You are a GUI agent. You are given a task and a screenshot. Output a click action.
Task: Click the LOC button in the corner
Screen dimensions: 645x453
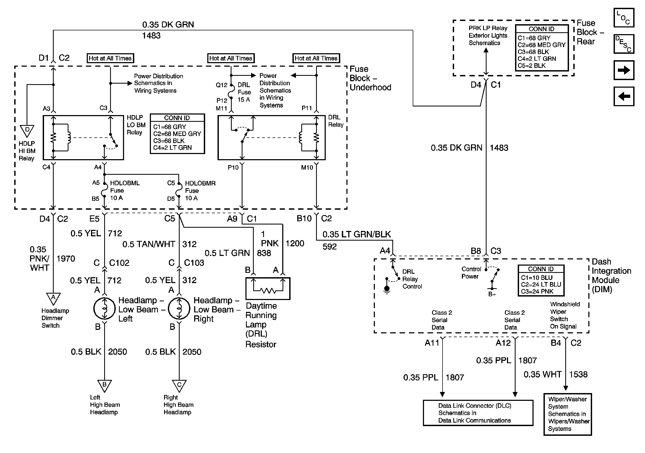[624, 18]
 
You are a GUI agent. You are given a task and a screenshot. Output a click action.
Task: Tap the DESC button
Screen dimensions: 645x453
[624, 44]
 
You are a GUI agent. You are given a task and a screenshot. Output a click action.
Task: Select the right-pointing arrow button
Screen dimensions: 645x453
[624, 70]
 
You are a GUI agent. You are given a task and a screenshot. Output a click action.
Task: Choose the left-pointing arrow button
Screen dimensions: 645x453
[624, 96]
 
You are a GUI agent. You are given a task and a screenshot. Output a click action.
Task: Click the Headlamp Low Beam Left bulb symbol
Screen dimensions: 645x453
[104, 308]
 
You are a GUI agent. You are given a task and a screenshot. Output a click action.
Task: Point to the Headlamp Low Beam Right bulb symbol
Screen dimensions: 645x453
[179, 308]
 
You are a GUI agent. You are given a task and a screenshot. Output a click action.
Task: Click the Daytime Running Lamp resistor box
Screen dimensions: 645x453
[268, 288]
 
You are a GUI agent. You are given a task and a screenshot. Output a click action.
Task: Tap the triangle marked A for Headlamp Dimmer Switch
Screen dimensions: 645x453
[53, 299]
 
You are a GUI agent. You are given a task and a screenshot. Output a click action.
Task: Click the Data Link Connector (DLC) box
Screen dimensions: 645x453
[478, 413]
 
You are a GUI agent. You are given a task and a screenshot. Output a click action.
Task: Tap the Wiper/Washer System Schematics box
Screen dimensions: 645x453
[568, 414]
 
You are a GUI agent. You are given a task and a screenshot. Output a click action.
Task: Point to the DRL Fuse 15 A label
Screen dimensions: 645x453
[244, 92]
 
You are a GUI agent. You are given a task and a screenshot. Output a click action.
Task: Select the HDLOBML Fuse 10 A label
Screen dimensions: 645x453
[125, 190]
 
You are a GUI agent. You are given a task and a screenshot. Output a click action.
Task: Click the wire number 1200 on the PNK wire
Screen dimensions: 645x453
[295, 244]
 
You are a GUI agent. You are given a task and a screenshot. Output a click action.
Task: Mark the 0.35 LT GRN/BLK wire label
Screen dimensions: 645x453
[357, 234]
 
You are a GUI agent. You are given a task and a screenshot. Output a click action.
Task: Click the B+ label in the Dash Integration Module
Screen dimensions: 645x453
[492, 294]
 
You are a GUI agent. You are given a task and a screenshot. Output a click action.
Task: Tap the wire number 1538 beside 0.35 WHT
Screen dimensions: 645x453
[578, 374]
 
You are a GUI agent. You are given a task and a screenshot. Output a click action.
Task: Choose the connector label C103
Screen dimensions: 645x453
[194, 263]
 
